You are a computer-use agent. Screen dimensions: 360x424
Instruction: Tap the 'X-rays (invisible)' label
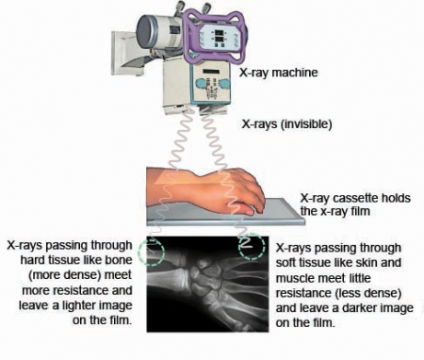pos(287,123)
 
